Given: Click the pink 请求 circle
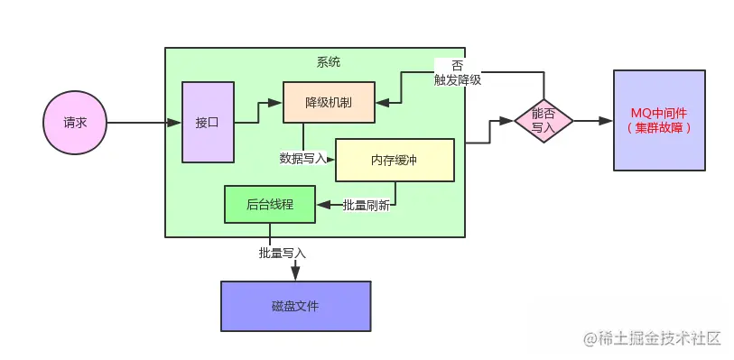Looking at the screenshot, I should [75, 122].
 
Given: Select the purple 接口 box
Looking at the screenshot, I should [208, 122].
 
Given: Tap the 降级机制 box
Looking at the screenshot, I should [329, 103].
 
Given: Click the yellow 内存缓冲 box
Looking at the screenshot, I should [394, 160].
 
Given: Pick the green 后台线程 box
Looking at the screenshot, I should [269, 204].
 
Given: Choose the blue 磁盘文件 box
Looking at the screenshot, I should [295, 306].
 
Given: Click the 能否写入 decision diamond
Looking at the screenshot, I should [544, 121].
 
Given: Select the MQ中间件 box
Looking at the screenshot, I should [658, 119].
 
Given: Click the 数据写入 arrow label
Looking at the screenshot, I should [303, 158].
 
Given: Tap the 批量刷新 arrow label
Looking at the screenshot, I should [366, 205].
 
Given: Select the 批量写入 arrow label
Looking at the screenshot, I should [283, 253].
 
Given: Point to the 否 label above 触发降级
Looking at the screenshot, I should [457, 66].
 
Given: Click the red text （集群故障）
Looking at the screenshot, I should [658, 128].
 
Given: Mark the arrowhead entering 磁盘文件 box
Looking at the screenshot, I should [295, 275].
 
